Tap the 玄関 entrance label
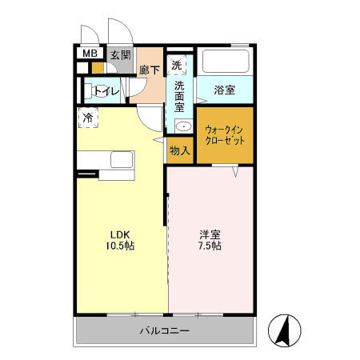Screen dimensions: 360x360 (121, 55)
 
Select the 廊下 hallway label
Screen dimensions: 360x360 (150, 70)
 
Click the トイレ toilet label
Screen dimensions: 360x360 (106, 91)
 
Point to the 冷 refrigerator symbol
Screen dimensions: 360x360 (86, 118)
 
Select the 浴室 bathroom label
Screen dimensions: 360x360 (224, 90)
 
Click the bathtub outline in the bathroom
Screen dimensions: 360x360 (225, 61)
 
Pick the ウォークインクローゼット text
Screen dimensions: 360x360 (225, 134)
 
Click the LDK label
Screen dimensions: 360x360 (120, 234)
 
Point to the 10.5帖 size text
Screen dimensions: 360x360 (120, 246)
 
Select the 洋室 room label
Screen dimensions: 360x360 (210, 234)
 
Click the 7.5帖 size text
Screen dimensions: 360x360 (210, 246)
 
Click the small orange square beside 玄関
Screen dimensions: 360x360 (98, 68)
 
